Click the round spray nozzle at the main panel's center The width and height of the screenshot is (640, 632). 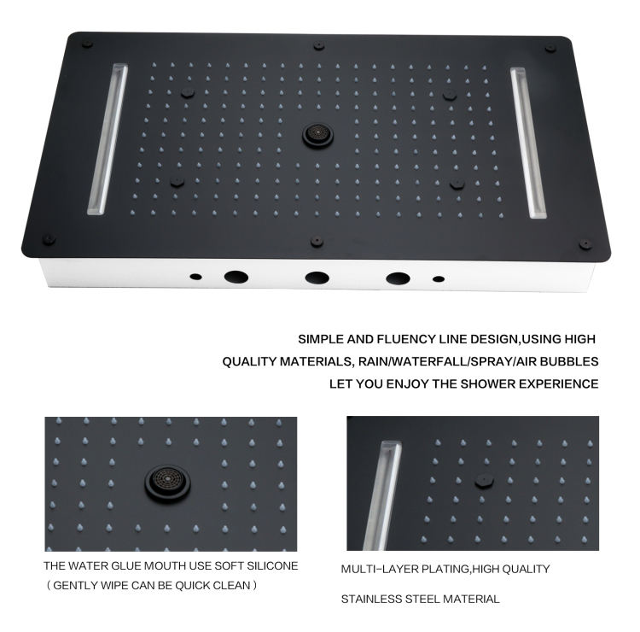pyautogui.click(x=317, y=135)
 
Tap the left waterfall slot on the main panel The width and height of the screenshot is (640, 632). pyautogui.click(x=108, y=139)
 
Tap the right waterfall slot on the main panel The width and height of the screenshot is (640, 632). pyautogui.click(x=528, y=143)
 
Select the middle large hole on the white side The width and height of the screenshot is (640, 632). pyautogui.click(x=317, y=278)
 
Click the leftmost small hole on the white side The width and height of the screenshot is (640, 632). pyautogui.click(x=196, y=277)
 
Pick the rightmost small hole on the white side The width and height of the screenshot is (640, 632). pyautogui.click(x=439, y=279)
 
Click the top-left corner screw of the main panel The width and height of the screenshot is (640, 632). pyautogui.click(x=87, y=44)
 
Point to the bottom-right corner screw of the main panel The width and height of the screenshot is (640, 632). pyautogui.click(x=585, y=244)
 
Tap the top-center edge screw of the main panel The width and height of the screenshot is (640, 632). pyautogui.click(x=319, y=45)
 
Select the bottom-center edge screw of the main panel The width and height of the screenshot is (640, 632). pyautogui.click(x=317, y=242)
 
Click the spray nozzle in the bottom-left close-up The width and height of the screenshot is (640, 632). pyautogui.click(x=167, y=483)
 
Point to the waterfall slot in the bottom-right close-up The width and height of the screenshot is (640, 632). pyautogui.click(x=382, y=495)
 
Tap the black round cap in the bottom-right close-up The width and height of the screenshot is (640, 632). pyautogui.click(x=484, y=482)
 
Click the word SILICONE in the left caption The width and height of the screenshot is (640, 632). pyautogui.click(x=272, y=566)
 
